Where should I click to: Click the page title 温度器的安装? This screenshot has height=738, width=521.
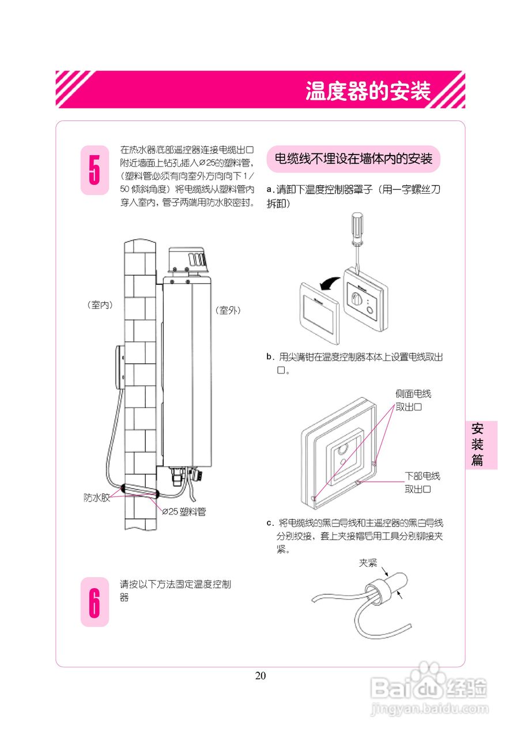368,91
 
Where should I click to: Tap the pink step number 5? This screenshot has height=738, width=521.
95,170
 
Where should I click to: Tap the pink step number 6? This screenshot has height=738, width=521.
95,601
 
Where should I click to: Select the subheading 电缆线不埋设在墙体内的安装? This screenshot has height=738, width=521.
353,159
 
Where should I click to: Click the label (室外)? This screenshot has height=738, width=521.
228,310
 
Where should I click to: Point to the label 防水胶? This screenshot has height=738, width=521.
97,498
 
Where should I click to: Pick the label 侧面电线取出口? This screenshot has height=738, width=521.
413,400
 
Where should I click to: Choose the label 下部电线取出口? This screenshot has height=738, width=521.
422,482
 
